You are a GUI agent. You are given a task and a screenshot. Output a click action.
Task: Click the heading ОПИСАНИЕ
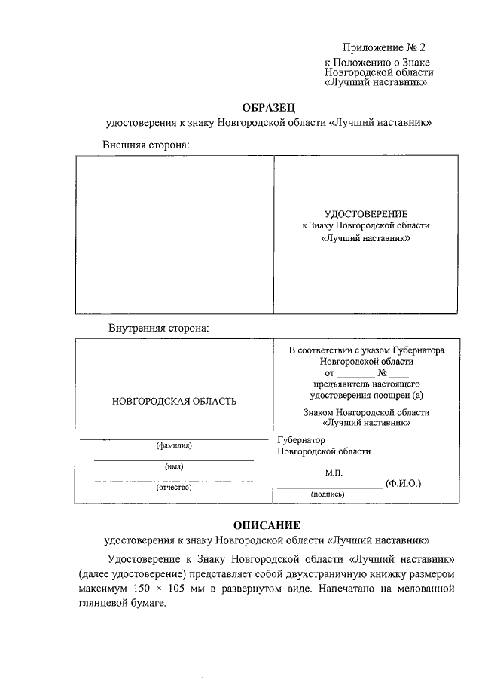coord(267,524)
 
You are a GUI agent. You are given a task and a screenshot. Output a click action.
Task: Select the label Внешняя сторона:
coord(146,144)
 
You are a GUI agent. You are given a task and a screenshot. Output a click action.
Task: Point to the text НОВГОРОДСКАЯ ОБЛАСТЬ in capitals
coord(174,401)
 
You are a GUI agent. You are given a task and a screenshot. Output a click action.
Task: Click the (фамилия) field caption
coord(174,445)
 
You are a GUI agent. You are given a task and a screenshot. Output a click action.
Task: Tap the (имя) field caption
coord(174,466)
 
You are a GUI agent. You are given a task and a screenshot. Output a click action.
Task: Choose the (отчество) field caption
coord(174,488)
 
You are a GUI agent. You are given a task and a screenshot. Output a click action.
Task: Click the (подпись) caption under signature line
coord(328,494)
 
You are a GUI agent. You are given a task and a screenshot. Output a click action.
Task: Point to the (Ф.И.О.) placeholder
coord(402,482)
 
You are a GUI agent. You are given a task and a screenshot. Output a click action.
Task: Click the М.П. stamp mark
coord(334,472)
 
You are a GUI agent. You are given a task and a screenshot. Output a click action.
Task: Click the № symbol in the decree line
coord(383,372)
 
